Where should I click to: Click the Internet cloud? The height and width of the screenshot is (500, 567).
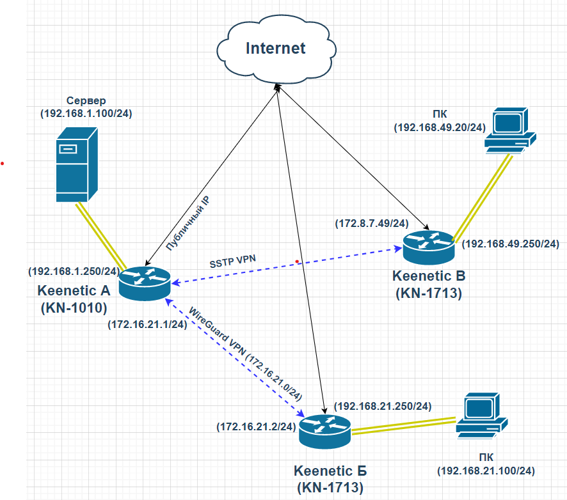pos(276,49)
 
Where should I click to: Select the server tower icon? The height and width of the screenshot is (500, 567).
pos(77,164)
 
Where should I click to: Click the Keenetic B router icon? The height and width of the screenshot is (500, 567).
pos(429,247)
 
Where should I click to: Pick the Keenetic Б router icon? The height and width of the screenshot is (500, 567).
pos(324,432)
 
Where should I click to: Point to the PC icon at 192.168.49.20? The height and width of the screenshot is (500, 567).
pos(510,130)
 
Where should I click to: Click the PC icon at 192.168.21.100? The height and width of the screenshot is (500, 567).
pos(482,416)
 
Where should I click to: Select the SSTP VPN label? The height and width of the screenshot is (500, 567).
pos(232,262)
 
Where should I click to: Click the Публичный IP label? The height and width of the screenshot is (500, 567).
pos(188,223)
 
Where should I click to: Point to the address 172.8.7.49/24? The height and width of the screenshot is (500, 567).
pos(372,223)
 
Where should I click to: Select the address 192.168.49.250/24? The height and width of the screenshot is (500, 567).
pos(511,244)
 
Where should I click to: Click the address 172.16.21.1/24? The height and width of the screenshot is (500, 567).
pos(148,324)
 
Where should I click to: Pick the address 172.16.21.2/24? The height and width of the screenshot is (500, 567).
pos(257,426)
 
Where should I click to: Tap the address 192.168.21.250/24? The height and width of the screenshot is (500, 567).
pos(383,407)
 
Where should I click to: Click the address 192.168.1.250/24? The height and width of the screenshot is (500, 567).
pos(74,271)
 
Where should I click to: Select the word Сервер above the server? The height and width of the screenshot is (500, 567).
pos(86,100)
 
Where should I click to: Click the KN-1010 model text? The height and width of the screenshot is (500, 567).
pos(74,308)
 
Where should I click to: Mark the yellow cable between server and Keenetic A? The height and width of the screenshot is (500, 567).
pos(101,236)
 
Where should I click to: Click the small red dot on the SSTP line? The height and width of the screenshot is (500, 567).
pos(297,262)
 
